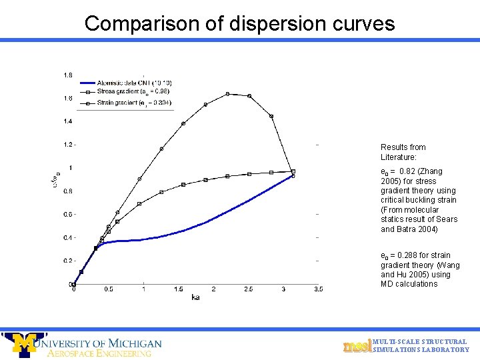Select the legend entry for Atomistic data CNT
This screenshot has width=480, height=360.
tap(129, 82)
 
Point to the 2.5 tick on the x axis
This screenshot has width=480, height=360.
tap(249, 289)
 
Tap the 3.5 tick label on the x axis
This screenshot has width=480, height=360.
tap(318, 289)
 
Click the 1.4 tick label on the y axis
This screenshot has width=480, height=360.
tap(69, 121)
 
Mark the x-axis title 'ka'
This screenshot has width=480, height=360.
tap(195, 297)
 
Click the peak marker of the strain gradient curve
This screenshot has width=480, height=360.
tap(227, 94)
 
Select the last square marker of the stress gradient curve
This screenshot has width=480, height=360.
tap(293, 171)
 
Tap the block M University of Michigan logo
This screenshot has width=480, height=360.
tap(25, 344)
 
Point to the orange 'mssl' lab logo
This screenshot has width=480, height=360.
tap(357, 346)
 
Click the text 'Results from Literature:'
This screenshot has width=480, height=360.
tap(403, 152)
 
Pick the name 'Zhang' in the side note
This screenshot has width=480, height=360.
tap(431, 172)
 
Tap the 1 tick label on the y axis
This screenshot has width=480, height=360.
tap(71, 168)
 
